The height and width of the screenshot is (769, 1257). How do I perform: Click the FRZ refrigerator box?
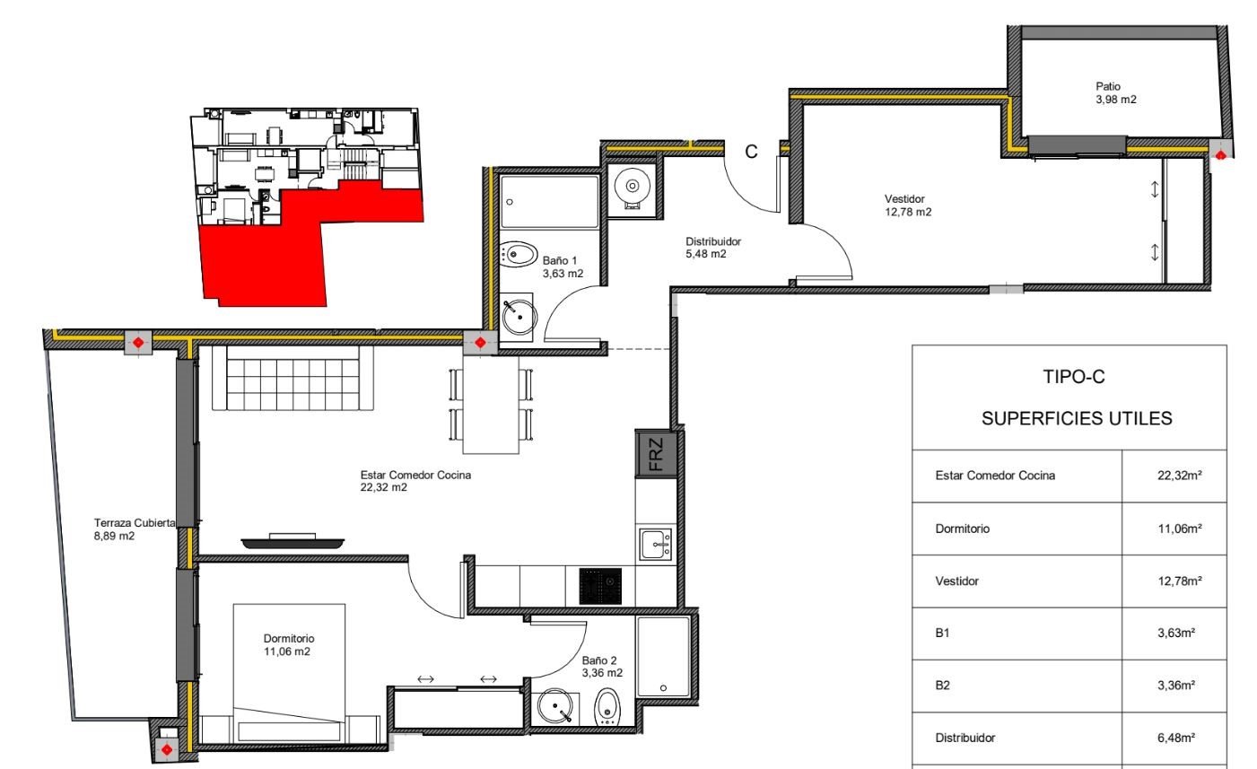point(656,454)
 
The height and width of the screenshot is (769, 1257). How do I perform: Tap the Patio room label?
point(1115,93)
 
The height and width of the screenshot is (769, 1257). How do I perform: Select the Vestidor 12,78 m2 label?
point(907,205)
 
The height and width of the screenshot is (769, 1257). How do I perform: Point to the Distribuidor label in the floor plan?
point(712,248)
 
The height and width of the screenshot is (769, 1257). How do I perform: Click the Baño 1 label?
point(563,267)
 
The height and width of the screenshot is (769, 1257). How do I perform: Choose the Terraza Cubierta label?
point(134,529)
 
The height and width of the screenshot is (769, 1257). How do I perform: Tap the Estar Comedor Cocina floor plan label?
point(415,481)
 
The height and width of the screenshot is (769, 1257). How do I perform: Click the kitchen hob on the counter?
point(600,586)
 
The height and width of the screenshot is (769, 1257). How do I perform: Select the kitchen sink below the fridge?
point(656,544)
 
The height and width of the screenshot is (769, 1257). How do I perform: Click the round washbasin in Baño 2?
point(555,706)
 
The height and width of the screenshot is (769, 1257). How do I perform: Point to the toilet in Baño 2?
point(607,707)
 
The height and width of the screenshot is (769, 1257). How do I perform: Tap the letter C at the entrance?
point(751,152)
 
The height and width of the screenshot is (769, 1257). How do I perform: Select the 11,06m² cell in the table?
point(1180,529)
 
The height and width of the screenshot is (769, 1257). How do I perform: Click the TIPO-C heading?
point(1073,377)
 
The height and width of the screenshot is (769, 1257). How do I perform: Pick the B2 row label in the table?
point(942,686)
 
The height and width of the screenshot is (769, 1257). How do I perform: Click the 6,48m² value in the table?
point(1175,738)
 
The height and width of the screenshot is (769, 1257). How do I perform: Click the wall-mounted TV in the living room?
point(292,541)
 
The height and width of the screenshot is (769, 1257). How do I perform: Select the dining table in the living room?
point(491,404)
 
